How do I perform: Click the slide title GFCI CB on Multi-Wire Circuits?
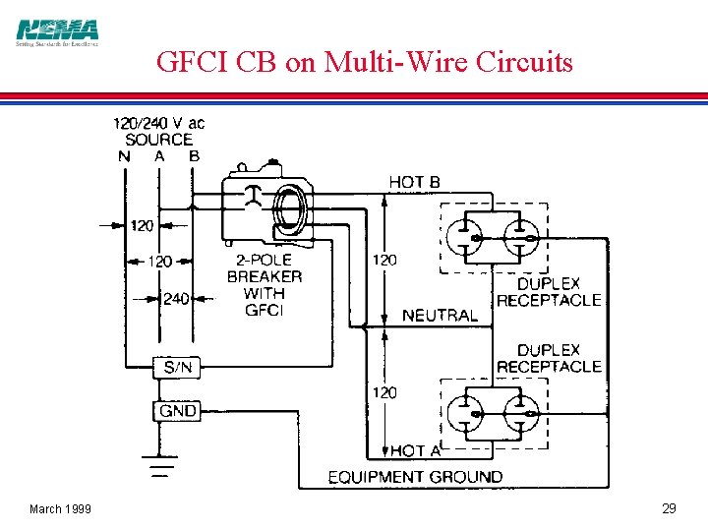tap(364, 62)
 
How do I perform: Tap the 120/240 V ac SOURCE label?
tap(159, 132)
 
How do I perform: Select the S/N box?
tap(178, 368)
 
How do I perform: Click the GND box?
tap(178, 410)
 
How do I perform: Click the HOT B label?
tap(414, 182)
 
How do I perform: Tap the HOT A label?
tap(414, 450)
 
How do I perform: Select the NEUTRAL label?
tap(440, 316)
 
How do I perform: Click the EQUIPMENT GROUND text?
tap(414, 477)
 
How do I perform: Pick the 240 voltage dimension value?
tap(176, 299)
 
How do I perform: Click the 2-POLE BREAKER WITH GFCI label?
tap(265, 285)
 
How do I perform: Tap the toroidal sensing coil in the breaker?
tap(289, 208)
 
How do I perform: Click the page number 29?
tap(669, 508)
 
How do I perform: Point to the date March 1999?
tap(60, 508)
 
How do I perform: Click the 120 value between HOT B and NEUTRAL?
tap(384, 260)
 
